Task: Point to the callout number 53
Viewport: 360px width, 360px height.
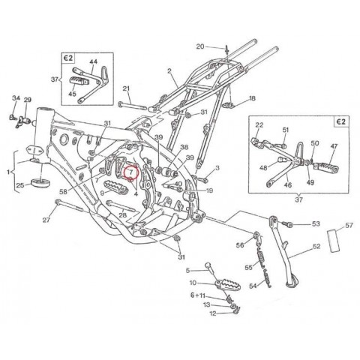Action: tap(316, 223)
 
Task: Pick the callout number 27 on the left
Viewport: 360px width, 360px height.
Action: tap(46, 220)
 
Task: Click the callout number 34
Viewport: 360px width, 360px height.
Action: tap(15, 98)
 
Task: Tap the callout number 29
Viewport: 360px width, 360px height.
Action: tap(28, 100)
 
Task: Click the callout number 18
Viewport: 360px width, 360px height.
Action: tap(252, 98)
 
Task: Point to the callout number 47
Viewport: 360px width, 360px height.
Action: tap(334, 148)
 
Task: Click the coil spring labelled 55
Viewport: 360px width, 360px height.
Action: tap(261, 259)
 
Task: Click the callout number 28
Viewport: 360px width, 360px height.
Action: tap(121, 216)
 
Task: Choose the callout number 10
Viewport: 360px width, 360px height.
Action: tap(193, 283)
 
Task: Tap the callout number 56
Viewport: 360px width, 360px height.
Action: tap(240, 244)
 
